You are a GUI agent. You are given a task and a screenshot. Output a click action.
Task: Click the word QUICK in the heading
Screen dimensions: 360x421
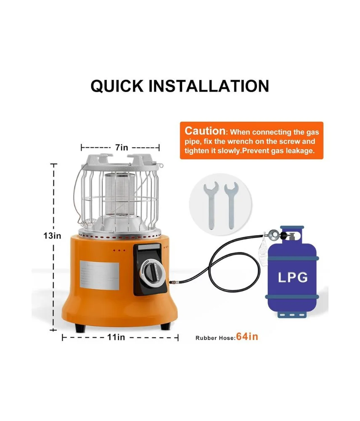coord(117,86)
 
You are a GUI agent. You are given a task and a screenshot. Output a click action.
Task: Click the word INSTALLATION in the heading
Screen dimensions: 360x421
coord(209,86)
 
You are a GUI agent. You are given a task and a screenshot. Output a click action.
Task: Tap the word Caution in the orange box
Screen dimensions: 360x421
coord(205,131)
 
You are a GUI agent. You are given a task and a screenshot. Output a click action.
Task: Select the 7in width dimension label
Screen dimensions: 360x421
coord(122,147)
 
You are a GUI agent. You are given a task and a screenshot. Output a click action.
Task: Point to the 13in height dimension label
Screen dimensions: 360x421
coord(52,236)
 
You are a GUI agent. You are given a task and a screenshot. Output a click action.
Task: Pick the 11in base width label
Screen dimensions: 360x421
coord(116,337)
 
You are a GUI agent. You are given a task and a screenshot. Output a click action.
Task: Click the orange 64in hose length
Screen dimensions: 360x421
coord(247,336)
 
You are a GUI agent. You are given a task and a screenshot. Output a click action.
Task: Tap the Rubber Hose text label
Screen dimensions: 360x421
coord(215,338)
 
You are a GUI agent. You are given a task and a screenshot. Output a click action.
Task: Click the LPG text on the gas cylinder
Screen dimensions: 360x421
coord(293,277)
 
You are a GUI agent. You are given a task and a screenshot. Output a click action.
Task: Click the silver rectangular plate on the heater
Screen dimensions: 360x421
coord(100,275)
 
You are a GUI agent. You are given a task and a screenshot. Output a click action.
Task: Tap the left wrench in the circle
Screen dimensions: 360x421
coord(211,205)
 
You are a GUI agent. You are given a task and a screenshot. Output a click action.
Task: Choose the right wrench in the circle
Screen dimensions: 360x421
coord(231,205)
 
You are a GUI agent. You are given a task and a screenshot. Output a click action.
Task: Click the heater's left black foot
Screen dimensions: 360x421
coord(80,328)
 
